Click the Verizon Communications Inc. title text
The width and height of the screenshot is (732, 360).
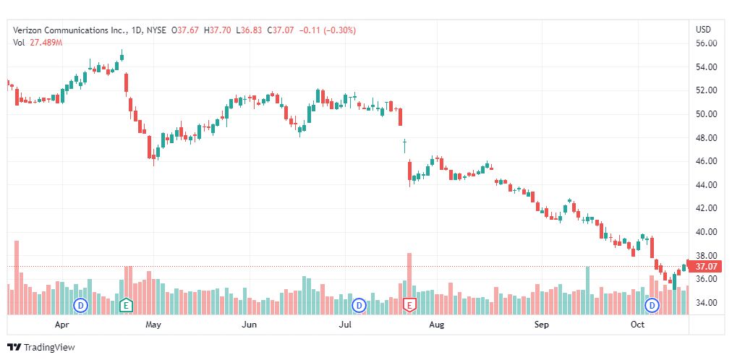coord(69,30)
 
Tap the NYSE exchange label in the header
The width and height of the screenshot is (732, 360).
coord(156,30)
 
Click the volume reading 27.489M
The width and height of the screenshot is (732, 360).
coord(46,43)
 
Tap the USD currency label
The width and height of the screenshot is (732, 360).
coord(702,30)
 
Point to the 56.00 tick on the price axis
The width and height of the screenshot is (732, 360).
coord(705,43)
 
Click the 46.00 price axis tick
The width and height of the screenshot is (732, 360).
coord(705,161)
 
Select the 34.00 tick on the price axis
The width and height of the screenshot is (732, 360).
coord(705,302)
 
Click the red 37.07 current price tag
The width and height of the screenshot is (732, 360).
coord(705,267)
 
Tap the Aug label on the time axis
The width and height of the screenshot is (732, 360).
coord(436,325)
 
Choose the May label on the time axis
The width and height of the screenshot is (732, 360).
coord(153,325)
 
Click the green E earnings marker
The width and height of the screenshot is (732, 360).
coord(126,305)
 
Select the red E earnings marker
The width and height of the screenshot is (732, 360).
coord(410,305)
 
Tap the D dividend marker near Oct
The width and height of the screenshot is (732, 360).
coord(653,305)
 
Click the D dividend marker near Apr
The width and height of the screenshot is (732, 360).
coord(81,305)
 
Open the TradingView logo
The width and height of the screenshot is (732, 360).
coord(41,347)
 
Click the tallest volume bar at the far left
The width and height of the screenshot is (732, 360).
coord(16,278)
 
